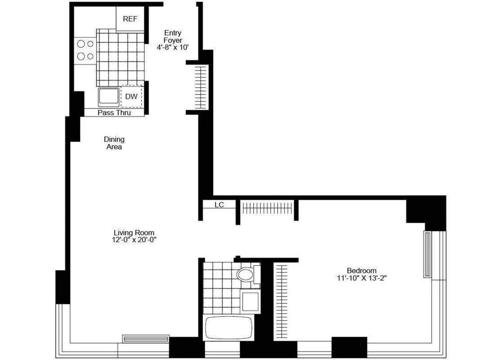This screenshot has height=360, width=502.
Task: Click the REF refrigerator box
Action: (x=130, y=19)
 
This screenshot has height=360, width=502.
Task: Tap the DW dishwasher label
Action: (x=131, y=96)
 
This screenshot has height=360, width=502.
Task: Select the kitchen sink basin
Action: (x=109, y=97)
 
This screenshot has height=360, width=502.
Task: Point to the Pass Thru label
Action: (x=114, y=112)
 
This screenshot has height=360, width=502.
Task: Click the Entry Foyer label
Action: (x=173, y=36)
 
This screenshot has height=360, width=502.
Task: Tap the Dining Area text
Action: (x=114, y=143)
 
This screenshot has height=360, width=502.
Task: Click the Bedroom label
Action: (x=361, y=270)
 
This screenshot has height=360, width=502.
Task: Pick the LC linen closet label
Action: (x=219, y=205)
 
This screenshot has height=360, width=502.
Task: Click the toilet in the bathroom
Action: (x=246, y=274)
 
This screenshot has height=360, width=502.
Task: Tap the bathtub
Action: (x=229, y=328)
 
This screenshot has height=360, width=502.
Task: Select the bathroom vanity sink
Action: (x=251, y=301)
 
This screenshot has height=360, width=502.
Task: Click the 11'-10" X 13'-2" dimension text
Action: (x=361, y=278)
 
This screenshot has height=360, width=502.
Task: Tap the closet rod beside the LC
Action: (x=267, y=208)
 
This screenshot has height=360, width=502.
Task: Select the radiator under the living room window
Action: (x=146, y=339)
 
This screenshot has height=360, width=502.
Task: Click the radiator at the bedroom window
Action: (x=427, y=254)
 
